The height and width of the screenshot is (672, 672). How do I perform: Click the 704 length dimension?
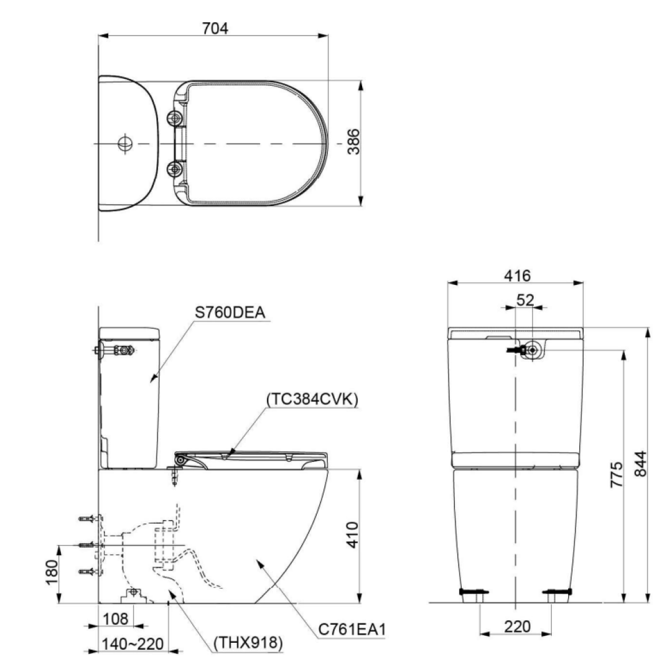coord(215,28)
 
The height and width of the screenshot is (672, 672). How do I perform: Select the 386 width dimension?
coord(353,142)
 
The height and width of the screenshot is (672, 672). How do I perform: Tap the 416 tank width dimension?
coord(516,274)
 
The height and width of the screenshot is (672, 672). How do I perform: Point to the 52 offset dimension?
coord(525,300)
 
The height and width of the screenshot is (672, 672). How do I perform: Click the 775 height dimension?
coord(616,476)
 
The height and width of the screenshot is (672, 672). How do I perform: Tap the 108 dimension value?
coord(116,619)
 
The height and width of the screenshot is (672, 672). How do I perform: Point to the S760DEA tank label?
coord(230,312)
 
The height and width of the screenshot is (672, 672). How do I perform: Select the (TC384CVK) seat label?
coord(312,399)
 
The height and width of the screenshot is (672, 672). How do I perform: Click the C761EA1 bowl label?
coord(352,630)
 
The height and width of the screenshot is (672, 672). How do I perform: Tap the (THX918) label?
coord(248,642)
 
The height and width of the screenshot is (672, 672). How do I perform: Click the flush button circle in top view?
coord(125,142)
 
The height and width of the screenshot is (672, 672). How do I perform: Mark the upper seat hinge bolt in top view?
coord(176,117)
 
